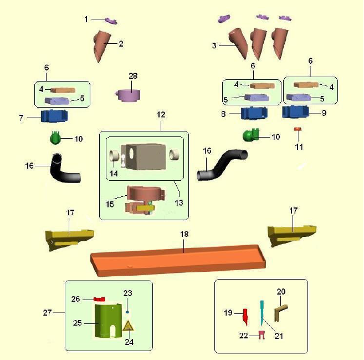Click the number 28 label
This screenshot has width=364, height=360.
click(132, 75)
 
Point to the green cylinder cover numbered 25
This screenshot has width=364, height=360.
click(107, 321)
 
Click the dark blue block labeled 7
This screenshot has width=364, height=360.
click(54, 117)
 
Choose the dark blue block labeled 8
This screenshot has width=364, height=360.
click(255, 113)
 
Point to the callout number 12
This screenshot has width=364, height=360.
click(161, 114)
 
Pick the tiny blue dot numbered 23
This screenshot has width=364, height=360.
click(127, 304)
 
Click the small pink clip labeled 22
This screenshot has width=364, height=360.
click(262, 335)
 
